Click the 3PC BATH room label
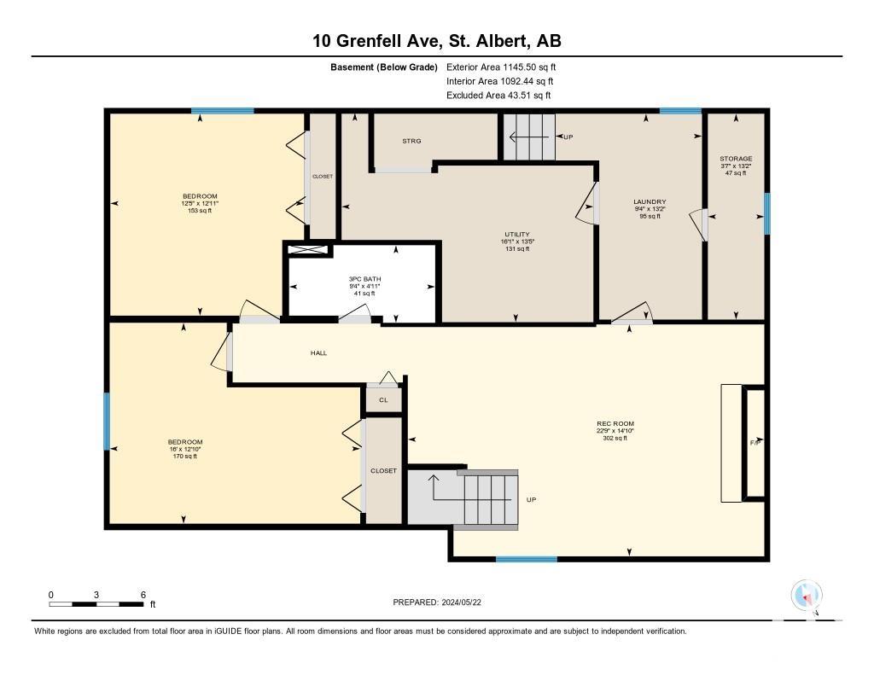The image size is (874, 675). tap(364, 279)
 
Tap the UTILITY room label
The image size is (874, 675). tap(516, 234)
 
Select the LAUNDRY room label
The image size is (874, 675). tap(650, 201)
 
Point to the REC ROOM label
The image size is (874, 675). tap(615, 423)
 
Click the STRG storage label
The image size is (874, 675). tap(412, 141)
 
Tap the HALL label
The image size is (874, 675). tap(319, 352)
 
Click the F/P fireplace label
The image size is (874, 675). tap(756, 442)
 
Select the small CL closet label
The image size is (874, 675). tap(383, 400)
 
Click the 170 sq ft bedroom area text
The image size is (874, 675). tap(185, 457)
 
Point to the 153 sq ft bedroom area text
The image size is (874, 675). tap(200, 211)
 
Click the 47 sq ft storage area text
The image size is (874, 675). tap(736, 173)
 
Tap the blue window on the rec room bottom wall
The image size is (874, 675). tap(527, 559)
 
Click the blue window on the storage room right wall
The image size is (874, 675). tap(767, 213)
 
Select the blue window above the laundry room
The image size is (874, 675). tap(680, 111)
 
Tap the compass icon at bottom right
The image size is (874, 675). tap(807, 596)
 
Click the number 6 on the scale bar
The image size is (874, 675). tap(143, 595)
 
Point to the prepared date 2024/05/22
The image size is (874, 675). tap(462, 602)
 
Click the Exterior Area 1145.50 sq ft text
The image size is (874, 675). tap(501, 67)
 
